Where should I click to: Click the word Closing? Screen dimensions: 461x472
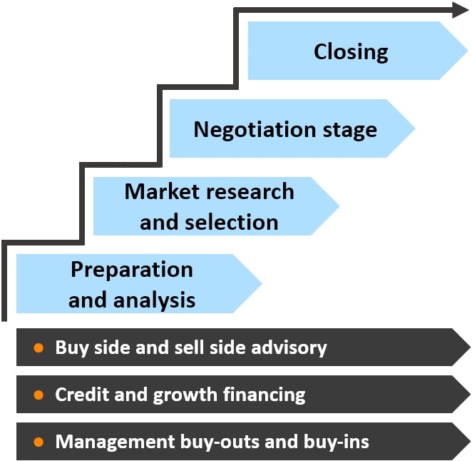351,52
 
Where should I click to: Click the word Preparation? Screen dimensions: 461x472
132,270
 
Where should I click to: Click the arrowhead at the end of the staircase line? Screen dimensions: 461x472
460,9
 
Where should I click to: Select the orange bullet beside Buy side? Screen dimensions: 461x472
39,348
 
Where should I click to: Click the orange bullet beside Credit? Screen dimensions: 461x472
39,395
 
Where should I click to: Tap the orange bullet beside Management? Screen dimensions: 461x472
39,442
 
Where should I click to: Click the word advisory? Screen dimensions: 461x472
289,348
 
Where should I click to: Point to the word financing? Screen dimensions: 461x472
265,395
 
